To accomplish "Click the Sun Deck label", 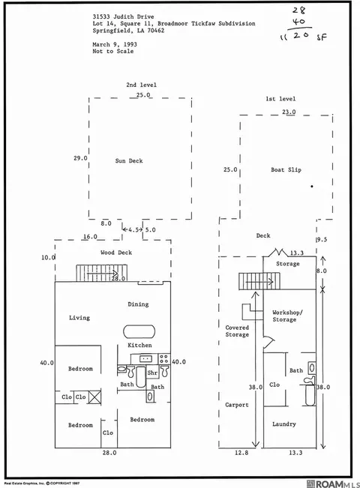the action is [129, 161].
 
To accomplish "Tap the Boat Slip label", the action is [286, 169].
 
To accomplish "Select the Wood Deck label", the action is [116, 253].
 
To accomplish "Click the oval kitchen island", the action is [139, 331].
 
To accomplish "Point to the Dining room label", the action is [138, 304].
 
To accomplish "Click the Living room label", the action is [79, 318].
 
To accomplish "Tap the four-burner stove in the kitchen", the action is [164, 359].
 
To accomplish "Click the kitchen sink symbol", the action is [145, 359].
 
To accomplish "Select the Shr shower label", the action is [152, 373].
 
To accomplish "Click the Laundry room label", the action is [284, 424].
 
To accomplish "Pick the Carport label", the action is [237, 405].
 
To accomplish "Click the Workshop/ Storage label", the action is [286, 316].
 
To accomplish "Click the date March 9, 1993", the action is [115, 44].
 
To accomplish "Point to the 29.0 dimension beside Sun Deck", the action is [80, 158].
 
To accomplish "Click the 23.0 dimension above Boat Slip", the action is [289, 112].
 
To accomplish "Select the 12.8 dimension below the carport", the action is [241, 453].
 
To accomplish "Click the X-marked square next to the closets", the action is [94, 397].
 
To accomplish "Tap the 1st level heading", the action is [280, 99].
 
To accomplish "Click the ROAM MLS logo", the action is [333, 484].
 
